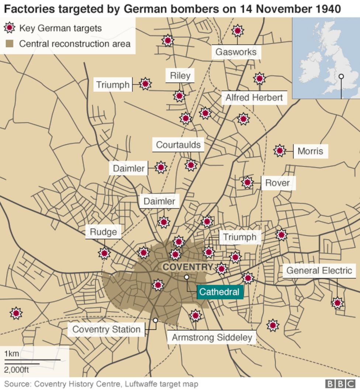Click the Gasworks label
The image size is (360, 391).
(x=236, y=52)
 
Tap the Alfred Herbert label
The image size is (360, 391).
(x=254, y=98)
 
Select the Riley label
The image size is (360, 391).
(x=180, y=76)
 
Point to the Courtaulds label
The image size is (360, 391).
(x=178, y=145)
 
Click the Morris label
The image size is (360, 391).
(x=310, y=151)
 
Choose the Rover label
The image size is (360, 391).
(x=277, y=183)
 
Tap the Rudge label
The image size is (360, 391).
(x=103, y=232)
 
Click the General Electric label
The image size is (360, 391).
(x=319, y=270)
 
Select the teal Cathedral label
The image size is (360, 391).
(x=219, y=292)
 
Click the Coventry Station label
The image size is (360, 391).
(x=106, y=329)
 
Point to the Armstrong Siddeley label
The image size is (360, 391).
(x=212, y=337)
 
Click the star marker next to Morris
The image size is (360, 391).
(x=280, y=150)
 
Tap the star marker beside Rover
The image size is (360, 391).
(x=247, y=182)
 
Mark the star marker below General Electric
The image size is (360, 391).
(x=337, y=303)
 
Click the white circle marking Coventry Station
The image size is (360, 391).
(x=156, y=321)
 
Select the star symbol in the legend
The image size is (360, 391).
(x=10, y=28)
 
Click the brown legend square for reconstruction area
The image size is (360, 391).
(x=10, y=44)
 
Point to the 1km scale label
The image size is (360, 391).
(x=11, y=354)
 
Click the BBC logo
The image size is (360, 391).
(x=340, y=384)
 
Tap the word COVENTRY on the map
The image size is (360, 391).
(x=188, y=267)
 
